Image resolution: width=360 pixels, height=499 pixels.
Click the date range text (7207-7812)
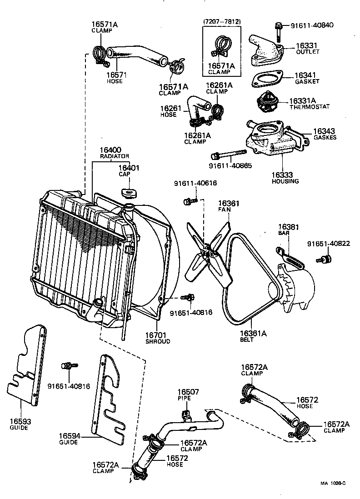[221, 21]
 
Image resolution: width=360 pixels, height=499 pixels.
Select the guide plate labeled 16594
[109, 400]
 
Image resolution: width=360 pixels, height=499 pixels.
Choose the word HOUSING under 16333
[285, 181]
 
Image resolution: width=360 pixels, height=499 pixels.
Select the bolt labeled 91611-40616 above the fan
[190, 200]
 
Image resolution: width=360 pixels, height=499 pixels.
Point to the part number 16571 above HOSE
[116, 75]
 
